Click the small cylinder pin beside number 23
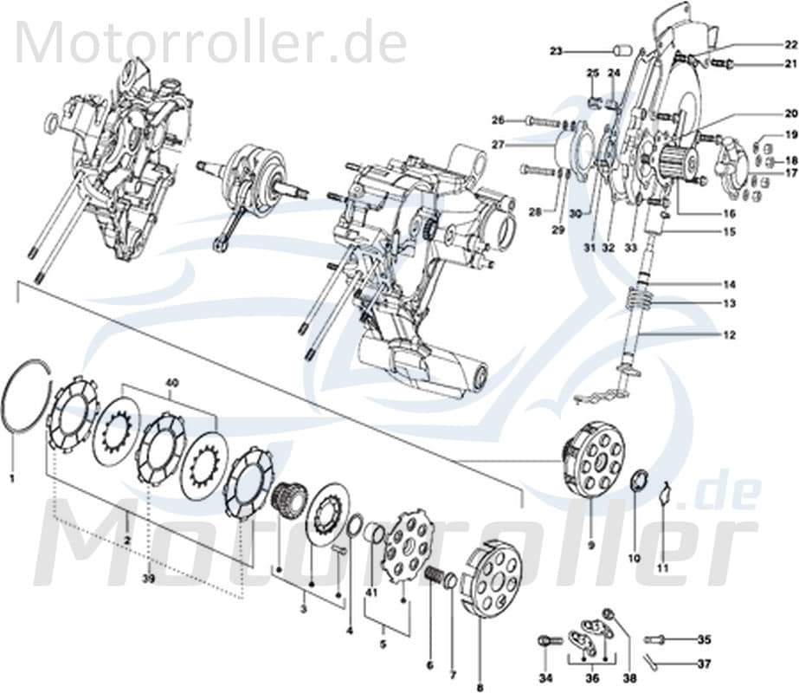tap(619, 50)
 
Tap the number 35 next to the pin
tap(703, 640)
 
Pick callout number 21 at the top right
tap(789, 64)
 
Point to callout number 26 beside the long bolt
tap(498, 120)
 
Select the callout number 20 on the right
tap(789, 113)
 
